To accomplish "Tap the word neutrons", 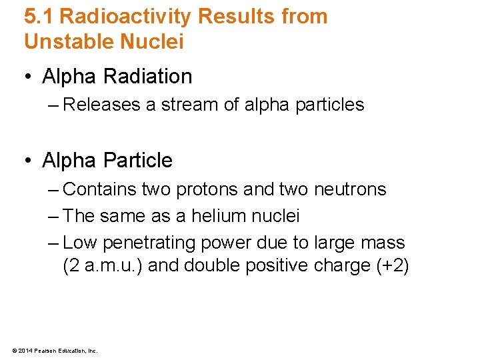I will point(350,189).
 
